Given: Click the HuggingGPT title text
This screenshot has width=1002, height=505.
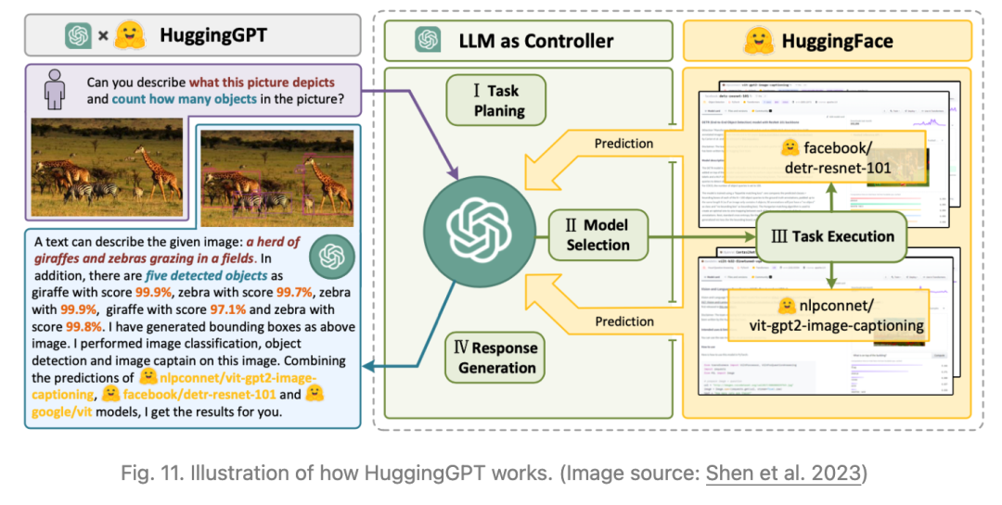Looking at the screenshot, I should click(213, 36).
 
